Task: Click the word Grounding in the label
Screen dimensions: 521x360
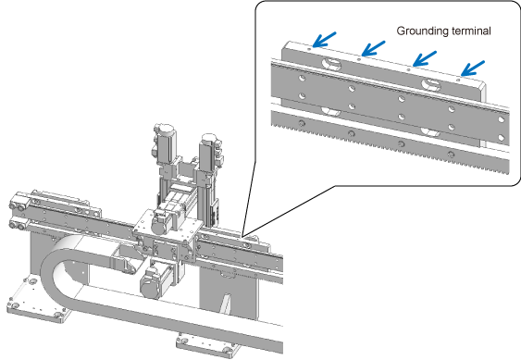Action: click(419, 31)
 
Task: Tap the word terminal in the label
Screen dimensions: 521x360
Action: click(467, 31)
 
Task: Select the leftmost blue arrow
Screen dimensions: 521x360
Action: click(324, 40)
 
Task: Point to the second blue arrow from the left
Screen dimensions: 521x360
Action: click(373, 48)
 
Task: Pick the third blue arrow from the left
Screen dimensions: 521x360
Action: click(425, 59)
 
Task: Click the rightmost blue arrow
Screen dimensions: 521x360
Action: click(473, 68)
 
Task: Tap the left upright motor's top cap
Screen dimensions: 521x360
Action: click(164, 128)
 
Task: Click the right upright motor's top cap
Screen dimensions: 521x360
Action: click(209, 137)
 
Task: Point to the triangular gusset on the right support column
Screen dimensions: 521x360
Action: click(227, 303)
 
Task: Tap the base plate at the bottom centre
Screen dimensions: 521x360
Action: click(207, 346)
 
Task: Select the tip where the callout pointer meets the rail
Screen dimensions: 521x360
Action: click(242, 237)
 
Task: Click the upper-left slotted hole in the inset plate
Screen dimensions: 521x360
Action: click(331, 64)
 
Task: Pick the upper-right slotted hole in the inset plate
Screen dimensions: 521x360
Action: click(431, 84)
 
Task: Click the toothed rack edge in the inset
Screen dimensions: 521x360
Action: click(391, 150)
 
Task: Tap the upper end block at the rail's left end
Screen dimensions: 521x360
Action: click(20, 202)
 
